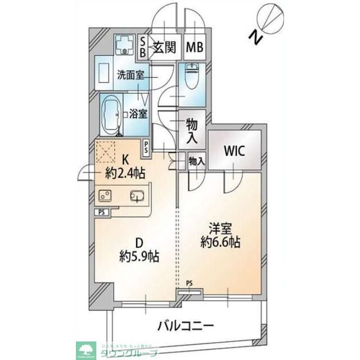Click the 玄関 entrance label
pyautogui.click(x=164, y=46)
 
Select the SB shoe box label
pyautogui.click(x=142, y=46)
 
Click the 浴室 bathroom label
pyautogui.click(x=139, y=113)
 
